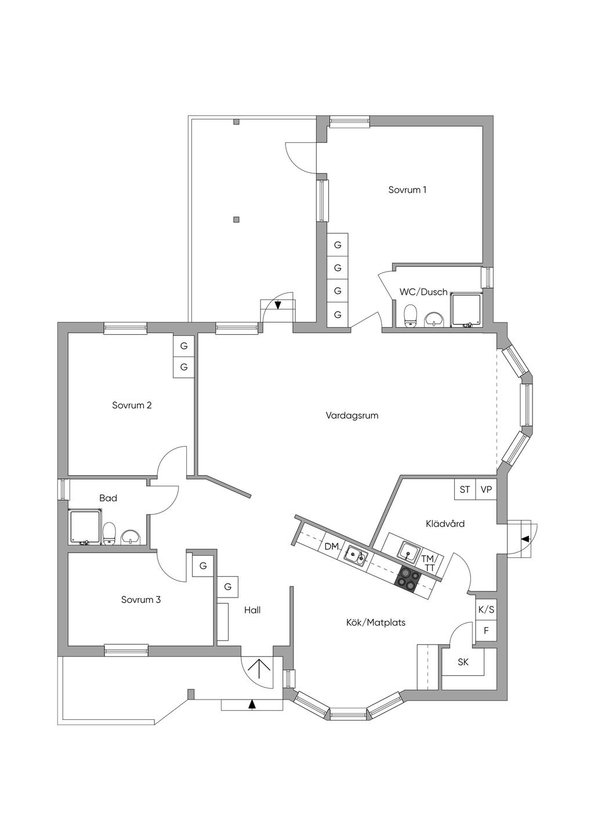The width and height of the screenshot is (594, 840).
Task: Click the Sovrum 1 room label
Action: pyautogui.click(x=407, y=190)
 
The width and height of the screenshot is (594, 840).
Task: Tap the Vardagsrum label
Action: pyautogui.click(x=352, y=415)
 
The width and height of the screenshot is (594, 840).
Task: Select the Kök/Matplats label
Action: pyautogui.click(x=375, y=622)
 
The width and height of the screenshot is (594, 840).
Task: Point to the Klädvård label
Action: pyautogui.click(x=445, y=523)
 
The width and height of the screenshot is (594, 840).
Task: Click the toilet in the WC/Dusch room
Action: pyautogui.click(x=411, y=316)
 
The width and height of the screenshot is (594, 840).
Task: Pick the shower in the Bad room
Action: pyautogui.click(x=85, y=526)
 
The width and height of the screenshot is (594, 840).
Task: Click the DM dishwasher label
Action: pyautogui.click(x=331, y=546)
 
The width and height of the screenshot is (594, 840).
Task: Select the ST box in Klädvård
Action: pyautogui.click(x=465, y=490)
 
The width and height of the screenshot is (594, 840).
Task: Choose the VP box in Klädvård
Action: pyautogui.click(x=486, y=490)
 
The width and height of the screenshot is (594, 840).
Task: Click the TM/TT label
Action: pyautogui.click(x=428, y=563)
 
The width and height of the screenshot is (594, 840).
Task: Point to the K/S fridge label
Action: pyautogui.click(x=486, y=610)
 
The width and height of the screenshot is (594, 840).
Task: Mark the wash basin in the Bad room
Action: pyautogui.click(x=131, y=537)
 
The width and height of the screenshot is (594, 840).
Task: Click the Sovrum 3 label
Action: pyautogui.click(x=140, y=600)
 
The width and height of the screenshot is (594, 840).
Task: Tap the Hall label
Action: pyautogui.click(x=252, y=610)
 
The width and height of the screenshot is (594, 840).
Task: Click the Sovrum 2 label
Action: pyautogui.click(x=132, y=405)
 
